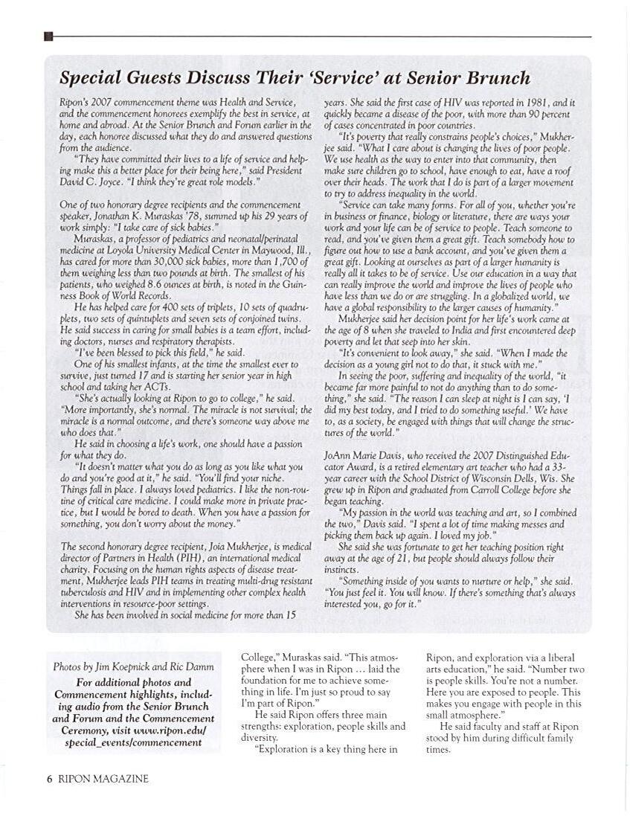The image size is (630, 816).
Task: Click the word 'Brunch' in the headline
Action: pos(494,78)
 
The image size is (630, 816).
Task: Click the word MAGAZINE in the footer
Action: pos(122,779)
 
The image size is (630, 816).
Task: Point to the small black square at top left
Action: pos(48,36)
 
